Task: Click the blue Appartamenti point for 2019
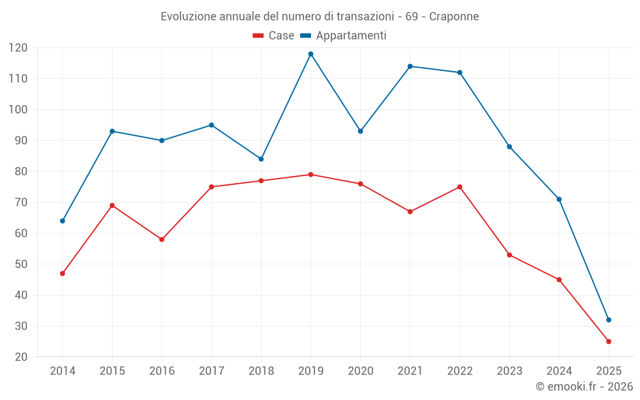310,54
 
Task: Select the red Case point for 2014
63,273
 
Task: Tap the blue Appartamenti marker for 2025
609,320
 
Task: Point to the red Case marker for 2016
162,239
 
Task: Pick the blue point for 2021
410,67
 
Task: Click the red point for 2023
509,255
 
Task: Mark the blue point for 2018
261,159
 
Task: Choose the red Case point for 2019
310,175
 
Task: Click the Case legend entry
274,36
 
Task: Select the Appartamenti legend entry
344,36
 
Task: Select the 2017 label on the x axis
211,371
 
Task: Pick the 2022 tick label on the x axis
460,371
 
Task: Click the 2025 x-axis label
609,371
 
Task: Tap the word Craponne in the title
454,17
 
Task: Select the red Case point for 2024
559,280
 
